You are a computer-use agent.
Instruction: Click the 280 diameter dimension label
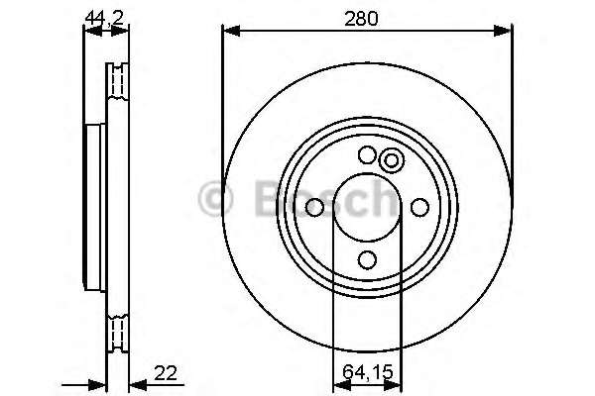[361, 19]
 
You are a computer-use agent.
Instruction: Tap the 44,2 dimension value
[105, 18]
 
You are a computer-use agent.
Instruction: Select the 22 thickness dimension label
[166, 373]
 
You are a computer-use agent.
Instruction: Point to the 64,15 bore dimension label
[367, 372]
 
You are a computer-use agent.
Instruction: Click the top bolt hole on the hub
[367, 154]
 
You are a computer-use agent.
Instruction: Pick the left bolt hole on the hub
[314, 207]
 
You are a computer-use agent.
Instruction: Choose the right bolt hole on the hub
[420, 207]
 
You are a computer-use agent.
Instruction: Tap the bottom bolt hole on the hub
[367, 260]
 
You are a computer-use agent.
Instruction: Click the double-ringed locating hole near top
[392, 160]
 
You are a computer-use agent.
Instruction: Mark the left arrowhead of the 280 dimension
[231, 31]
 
